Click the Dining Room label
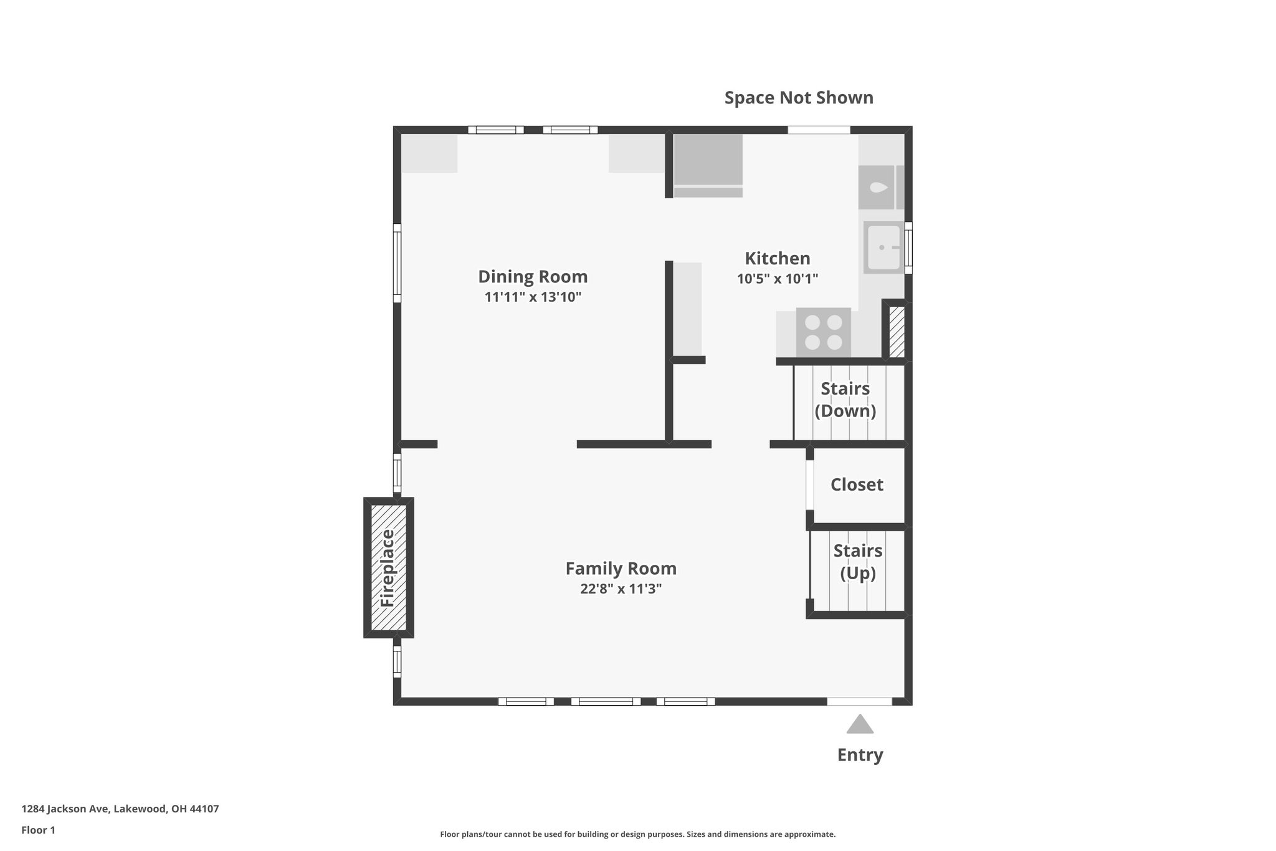pyautogui.click(x=533, y=276)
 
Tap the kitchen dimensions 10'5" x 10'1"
pyautogui.click(x=777, y=279)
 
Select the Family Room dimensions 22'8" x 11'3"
pyautogui.click(x=621, y=589)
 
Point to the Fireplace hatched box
pyautogui.click(x=389, y=567)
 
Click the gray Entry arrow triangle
pyautogui.click(x=860, y=725)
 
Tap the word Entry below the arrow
pyautogui.click(x=860, y=755)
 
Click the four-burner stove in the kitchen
pyautogui.click(x=823, y=332)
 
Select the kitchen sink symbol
pyautogui.click(x=883, y=248)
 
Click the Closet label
pyautogui.click(x=857, y=484)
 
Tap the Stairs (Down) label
pyautogui.click(x=845, y=399)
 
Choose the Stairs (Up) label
pyautogui.click(x=857, y=562)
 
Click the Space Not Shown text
pyautogui.click(x=798, y=98)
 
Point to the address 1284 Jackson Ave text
pyautogui.click(x=120, y=809)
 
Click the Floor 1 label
pyautogui.click(x=38, y=830)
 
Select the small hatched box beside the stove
pyautogui.click(x=897, y=332)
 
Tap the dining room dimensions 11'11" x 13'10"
pyautogui.click(x=533, y=297)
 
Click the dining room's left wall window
pyautogui.click(x=397, y=263)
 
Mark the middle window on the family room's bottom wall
pyautogui.click(x=606, y=701)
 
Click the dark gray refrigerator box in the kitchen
pyautogui.click(x=708, y=160)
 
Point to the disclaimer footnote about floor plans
pyautogui.click(x=637, y=834)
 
